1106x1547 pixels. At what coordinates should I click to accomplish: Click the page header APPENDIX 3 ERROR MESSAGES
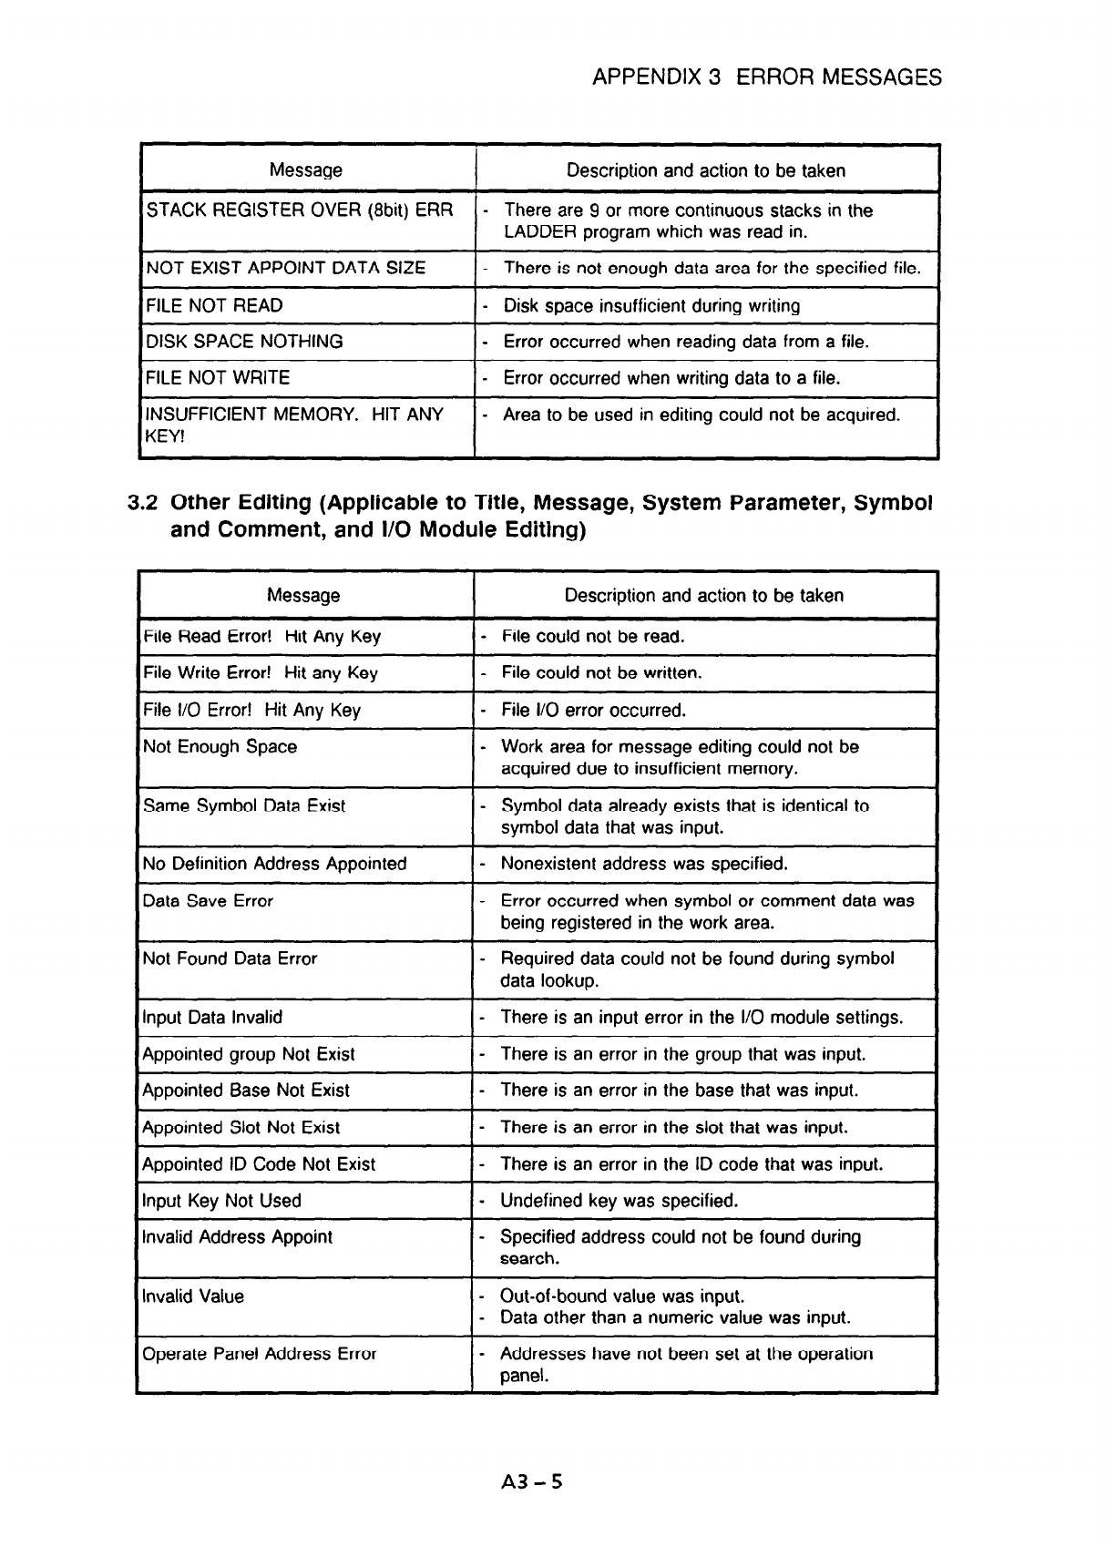click(766, 77)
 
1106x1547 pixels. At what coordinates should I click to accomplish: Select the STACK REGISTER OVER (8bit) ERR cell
click(300, 211)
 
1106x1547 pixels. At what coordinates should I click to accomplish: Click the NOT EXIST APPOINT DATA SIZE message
click(286, 268)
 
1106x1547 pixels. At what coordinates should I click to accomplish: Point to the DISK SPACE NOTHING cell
click(245, 342)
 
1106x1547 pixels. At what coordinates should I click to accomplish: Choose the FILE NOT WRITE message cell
click(218, 378)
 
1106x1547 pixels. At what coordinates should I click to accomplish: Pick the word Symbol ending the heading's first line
click(895, 503)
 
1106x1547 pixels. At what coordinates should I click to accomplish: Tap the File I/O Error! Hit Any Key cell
click(251, 710)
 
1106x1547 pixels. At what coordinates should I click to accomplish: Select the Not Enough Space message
click(220, 747)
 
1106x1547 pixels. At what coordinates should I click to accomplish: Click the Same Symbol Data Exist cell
click(244, 806)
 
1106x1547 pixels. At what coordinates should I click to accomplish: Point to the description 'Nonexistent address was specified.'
click(644, 864)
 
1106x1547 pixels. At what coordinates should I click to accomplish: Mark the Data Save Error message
click(208, 901)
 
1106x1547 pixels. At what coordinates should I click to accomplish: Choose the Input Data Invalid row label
click(212, 1018)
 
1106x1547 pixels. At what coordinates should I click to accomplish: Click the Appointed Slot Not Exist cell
click(241, 1128)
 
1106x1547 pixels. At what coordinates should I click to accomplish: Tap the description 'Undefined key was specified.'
click(619, 1201)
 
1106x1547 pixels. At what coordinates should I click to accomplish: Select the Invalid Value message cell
click(193, 1296)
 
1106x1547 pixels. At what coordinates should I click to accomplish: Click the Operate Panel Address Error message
click(259, 1354)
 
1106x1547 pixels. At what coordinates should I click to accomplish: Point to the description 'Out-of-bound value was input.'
click(622, 1296)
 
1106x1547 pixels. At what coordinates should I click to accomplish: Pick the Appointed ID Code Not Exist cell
click(259, 1164)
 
